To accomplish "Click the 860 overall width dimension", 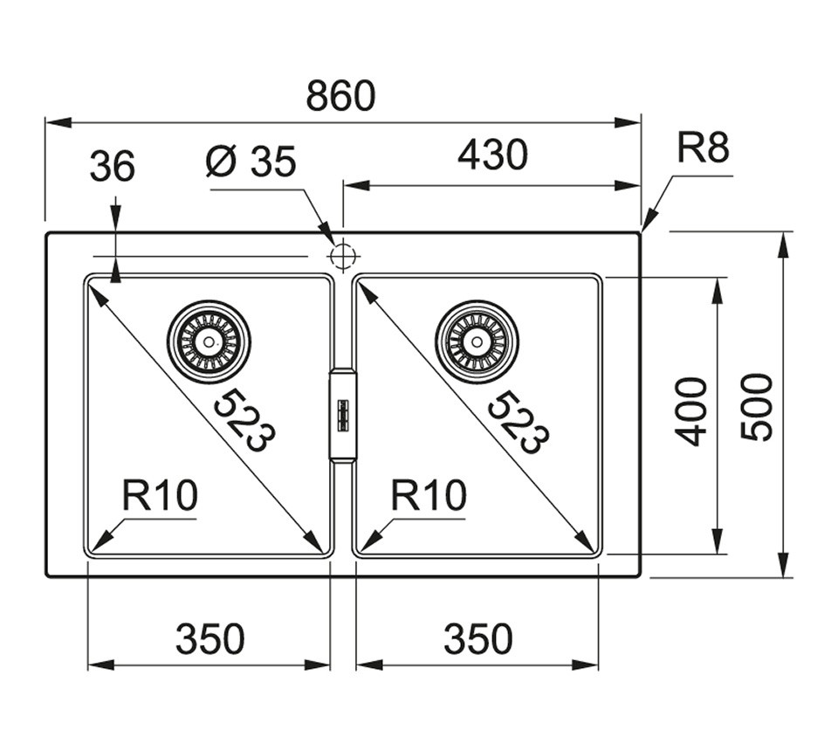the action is pos(340,96).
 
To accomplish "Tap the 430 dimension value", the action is pos(492,155).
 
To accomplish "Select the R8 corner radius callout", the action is pos(703,148).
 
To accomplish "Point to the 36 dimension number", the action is pos(113,166).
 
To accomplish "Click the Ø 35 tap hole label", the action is pos(251,162).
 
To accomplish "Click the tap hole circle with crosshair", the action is pos(342,256).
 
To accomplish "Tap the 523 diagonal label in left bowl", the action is pos(244,421).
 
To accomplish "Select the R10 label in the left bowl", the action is pos(160,495).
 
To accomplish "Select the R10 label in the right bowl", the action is pos(429,495).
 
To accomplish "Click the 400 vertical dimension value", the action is pos(690,411).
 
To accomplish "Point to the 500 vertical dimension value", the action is pos(757,407).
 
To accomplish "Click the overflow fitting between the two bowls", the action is pos(342,415).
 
